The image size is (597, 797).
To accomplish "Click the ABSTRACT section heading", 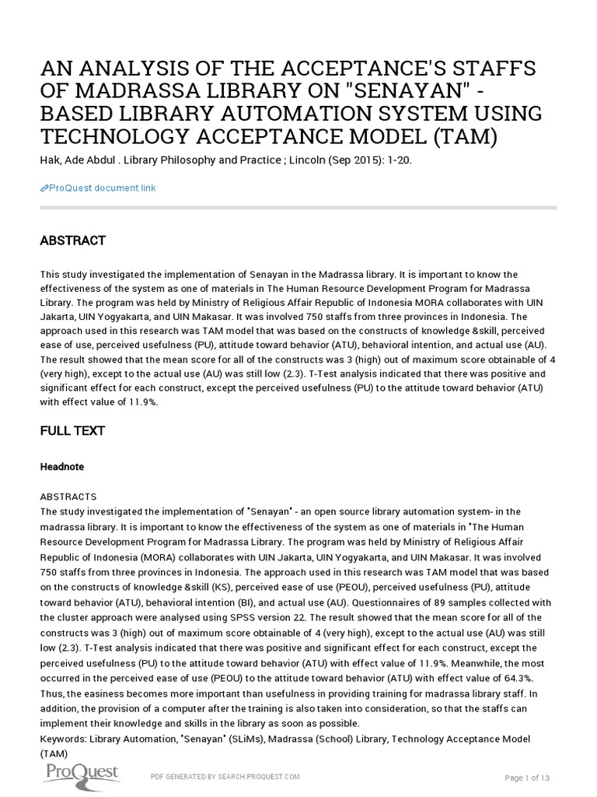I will (72, 241).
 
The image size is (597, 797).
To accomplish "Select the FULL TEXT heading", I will (72, 430).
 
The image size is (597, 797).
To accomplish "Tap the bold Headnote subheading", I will (61, 466).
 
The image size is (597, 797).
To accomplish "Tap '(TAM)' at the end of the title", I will (465, 138).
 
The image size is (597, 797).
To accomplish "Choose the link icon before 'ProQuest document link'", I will (44, 188).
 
